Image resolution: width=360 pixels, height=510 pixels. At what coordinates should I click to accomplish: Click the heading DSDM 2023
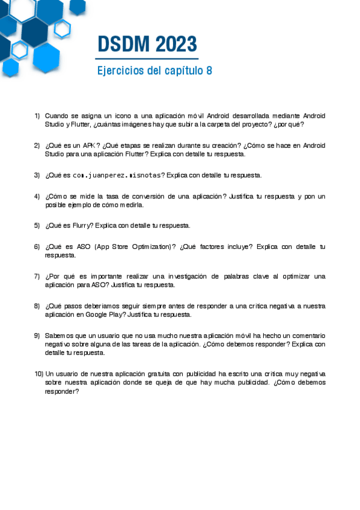(x=147, y=44)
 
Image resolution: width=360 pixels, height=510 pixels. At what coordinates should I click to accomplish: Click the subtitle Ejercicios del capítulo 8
(x=154, y=70)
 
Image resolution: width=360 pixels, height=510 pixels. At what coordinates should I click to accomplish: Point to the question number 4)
(x=37, y=197)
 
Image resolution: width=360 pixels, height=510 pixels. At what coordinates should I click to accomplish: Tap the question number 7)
(x=37, y=277)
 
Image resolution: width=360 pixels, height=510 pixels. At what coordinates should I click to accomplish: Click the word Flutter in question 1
(x=81, y=124)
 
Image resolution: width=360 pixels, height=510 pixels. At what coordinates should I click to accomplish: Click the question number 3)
(x=37, y=176)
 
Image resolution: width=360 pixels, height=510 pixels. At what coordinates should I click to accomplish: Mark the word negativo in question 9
(x=57, y=344)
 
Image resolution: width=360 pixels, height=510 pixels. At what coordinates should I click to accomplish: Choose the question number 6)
(x=37, y=247)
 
